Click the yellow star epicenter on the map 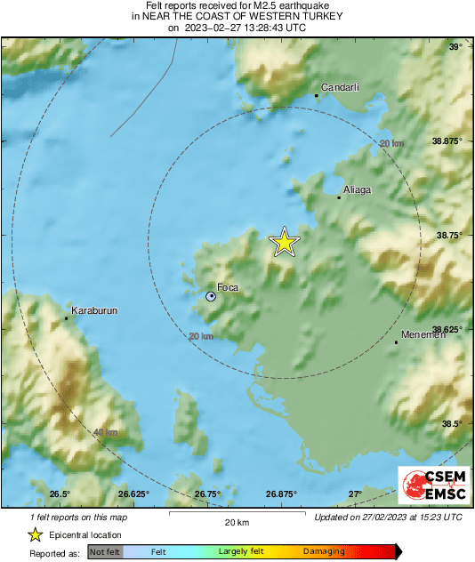(284, 242)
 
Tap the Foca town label (228, 287)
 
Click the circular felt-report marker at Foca (211, 296)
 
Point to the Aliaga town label (357, 190)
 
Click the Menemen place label (418, 335)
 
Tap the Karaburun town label (93, 310)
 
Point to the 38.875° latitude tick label (445, 141)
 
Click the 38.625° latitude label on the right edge (445, 330)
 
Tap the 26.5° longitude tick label (60, 494)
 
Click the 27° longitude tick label (354, 494)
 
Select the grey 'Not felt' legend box (103, 552)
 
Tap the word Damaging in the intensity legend (324, 552)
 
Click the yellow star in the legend (35, 534)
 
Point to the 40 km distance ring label (105, 432)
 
